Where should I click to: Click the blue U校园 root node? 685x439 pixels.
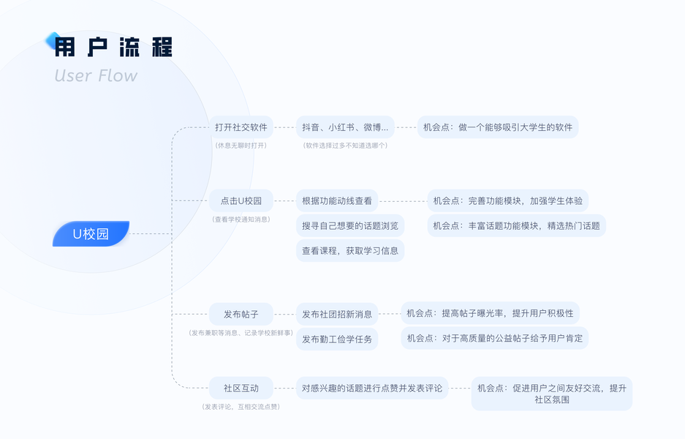pos(91,234)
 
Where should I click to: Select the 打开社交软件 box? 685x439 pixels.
pos(241,127)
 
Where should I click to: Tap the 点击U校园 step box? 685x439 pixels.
pos(241,200)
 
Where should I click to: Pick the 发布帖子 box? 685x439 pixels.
pos(241,315)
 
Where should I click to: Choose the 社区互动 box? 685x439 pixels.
pos(241,388)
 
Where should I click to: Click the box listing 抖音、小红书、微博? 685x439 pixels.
pos(345,127)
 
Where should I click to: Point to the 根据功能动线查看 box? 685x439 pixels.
pos(337,200)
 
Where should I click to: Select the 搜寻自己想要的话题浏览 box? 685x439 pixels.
pos(350,225)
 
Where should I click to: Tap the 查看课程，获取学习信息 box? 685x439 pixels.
pos(350,250)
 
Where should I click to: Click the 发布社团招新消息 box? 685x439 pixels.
pos(337,315)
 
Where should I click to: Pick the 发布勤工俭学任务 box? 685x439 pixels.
pos(337,339)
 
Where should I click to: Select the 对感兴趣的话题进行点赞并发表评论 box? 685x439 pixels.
pos(372,388)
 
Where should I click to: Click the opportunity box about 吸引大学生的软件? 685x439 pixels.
pos(498,127)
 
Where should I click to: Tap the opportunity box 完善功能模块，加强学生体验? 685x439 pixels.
pos(508,200)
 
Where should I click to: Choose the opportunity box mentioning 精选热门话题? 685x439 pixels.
pos(516,225)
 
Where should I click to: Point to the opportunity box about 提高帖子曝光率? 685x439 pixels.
pos(490,313)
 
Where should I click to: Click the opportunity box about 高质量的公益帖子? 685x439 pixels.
pos(494,338)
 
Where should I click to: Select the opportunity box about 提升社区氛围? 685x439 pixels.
pos(551,394)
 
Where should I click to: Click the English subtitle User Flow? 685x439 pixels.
pos(96,76)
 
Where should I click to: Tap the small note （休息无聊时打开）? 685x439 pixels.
pos(241,146)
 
